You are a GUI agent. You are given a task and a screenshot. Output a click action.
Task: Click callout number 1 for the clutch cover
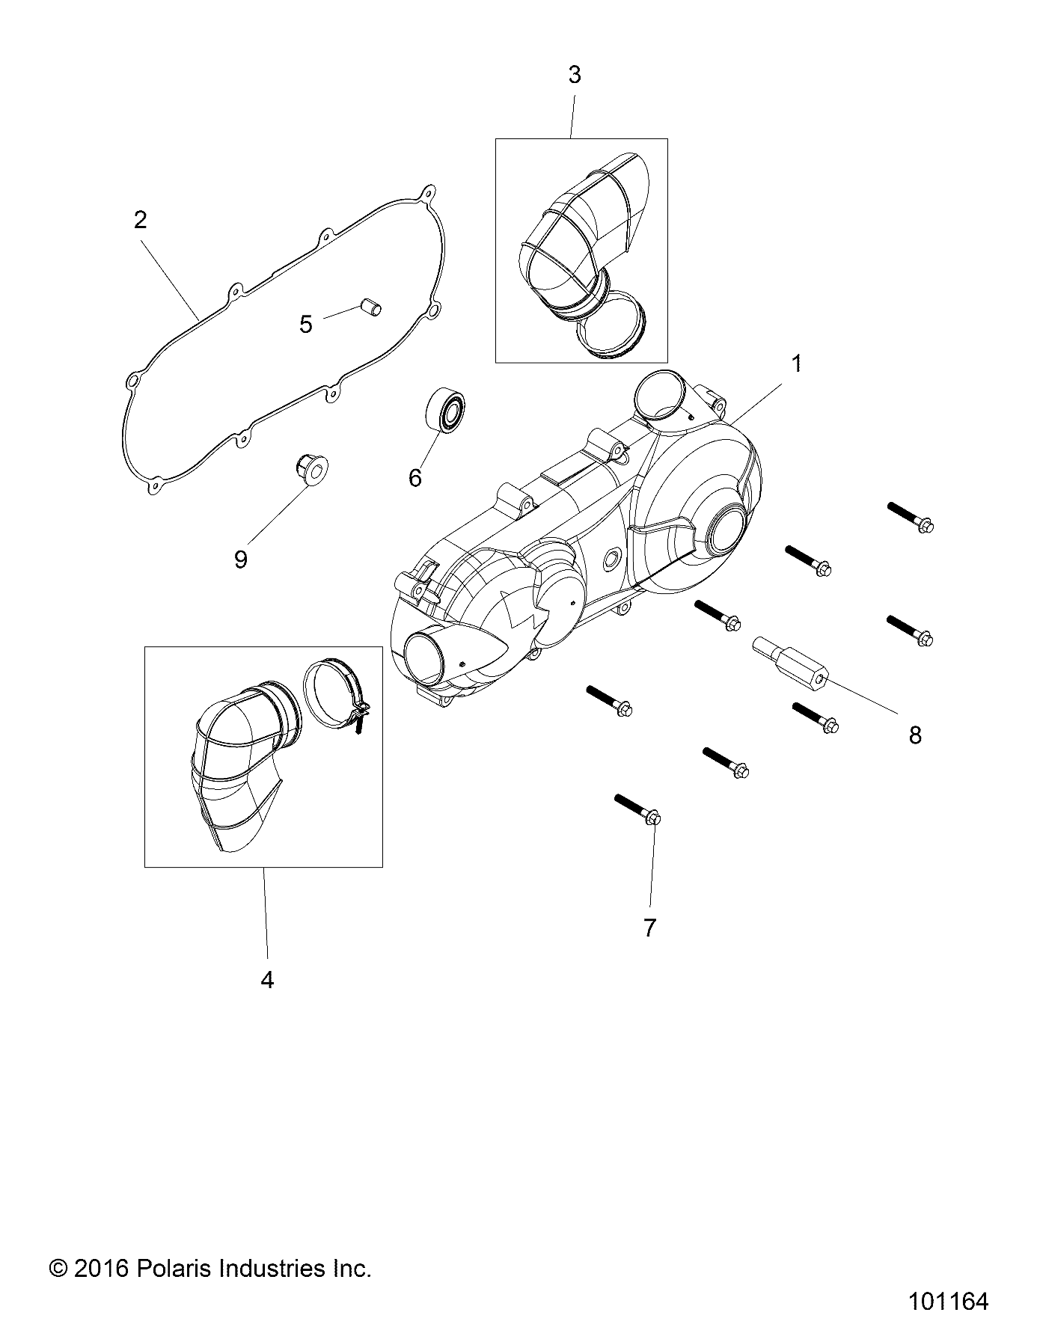[x=797, y=364]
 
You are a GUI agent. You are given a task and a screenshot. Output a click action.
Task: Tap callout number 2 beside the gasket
[x=140, y=221]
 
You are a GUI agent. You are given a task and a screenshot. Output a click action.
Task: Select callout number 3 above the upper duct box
[x=574, y=76]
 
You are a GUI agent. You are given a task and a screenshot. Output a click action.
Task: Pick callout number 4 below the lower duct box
[x=267, y=979]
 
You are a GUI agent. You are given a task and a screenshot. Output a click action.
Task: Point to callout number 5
[x=305, y=325]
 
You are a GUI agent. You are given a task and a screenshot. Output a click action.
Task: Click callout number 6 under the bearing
[x=415, y=477]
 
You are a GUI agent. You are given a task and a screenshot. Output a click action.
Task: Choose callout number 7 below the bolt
[x=649, y=928]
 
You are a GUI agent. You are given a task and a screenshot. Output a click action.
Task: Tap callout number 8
[x=915, y=735]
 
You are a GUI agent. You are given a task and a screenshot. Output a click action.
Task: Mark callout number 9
[x=240, y=559]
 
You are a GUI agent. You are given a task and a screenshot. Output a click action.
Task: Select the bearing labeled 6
[x=447, y=411]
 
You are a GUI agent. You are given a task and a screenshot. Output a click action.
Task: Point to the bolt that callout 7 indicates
[x=637, y=810]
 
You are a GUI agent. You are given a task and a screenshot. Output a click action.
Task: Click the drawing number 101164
[x=948, y=1301]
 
